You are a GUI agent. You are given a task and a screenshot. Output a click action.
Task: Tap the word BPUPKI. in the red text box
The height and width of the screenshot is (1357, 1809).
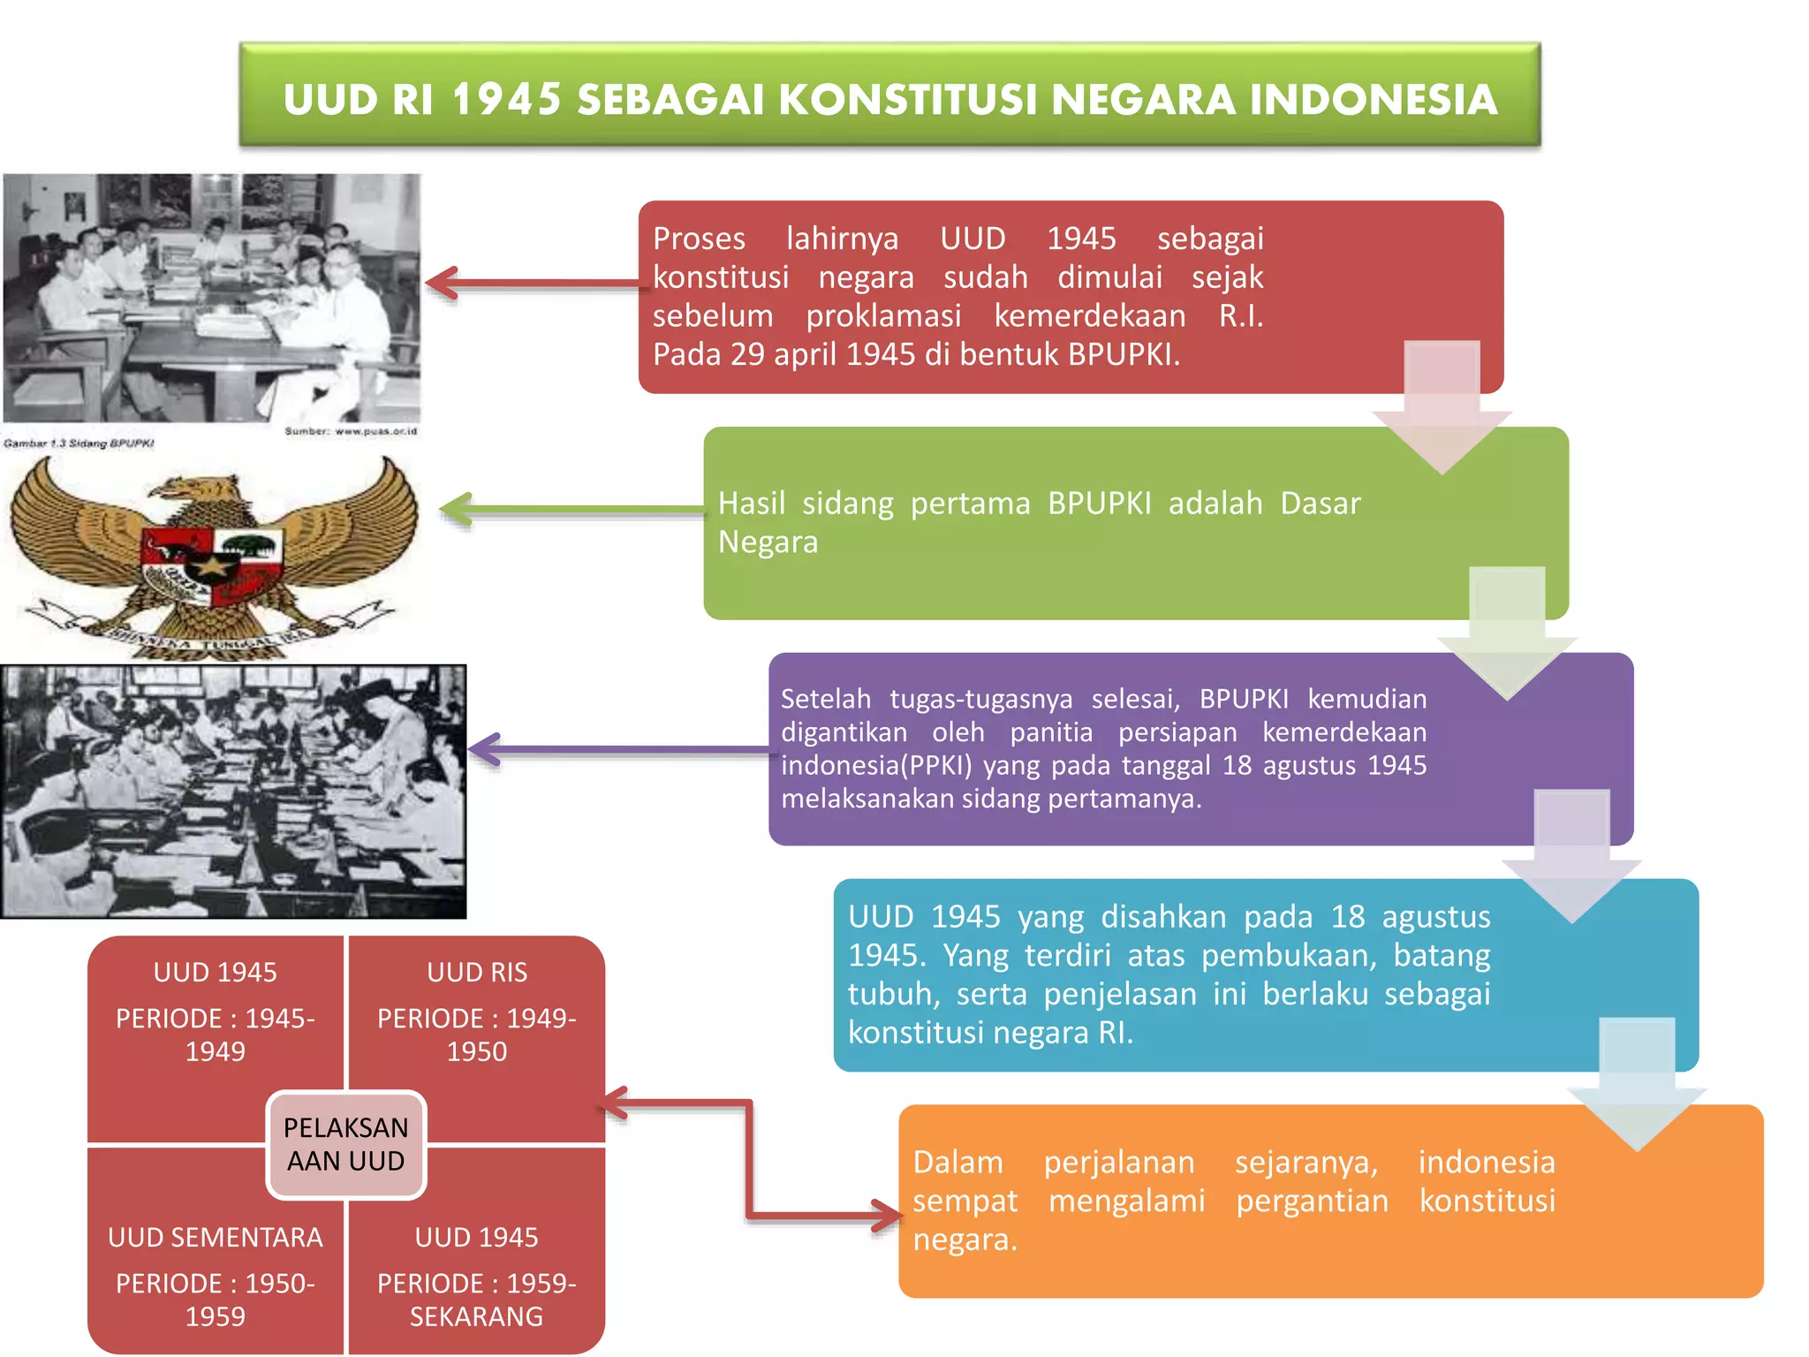click(1124, 354)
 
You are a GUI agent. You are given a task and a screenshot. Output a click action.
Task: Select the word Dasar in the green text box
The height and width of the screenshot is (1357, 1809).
click(1320, 503)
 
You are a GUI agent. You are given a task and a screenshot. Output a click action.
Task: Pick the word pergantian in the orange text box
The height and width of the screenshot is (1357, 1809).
click(1312, 1201)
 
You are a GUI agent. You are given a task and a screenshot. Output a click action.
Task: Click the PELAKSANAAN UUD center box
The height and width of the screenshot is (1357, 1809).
click(345, 1144)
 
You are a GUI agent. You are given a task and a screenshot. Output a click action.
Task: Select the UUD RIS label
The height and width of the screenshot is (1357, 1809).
click(477, 972)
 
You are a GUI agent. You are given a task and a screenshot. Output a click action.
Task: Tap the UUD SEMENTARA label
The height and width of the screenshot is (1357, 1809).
click(215, 1237)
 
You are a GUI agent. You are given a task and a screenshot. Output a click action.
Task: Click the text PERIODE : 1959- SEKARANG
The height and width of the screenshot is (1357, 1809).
click(477, 1300)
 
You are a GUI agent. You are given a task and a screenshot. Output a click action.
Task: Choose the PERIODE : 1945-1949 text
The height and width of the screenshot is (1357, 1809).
click(215, 1035)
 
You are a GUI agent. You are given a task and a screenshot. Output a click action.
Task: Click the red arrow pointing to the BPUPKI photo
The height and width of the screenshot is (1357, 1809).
click(530, 284)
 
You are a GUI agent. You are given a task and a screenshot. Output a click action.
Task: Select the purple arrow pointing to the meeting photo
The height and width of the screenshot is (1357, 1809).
click(618, 750)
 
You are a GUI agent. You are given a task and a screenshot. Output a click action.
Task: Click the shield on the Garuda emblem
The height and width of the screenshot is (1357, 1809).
click(212, 565)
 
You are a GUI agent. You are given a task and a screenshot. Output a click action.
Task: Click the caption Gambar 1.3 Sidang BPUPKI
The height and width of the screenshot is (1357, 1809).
click(79, 443)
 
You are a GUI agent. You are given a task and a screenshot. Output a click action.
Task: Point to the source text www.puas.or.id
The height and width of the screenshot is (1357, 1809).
click(351, 431)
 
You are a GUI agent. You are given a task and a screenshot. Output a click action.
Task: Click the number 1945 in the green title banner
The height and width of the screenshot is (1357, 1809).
click(506, 99)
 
